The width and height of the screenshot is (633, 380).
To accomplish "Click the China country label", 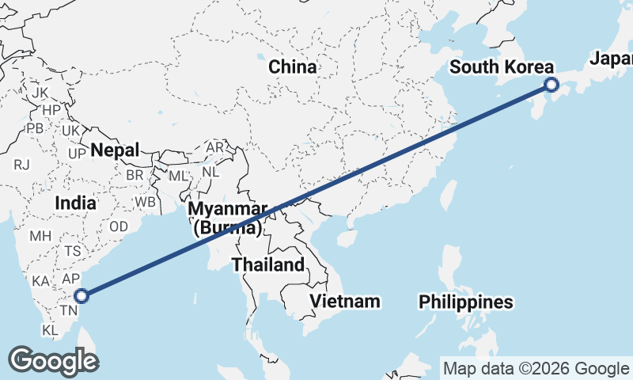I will click(x=293, y=67).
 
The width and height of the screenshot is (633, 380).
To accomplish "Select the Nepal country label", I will click(x=115, y=150).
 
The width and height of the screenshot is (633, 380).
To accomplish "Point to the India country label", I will click(x=76, y=203).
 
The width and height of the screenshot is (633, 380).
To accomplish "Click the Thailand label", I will click(x=268, y=264).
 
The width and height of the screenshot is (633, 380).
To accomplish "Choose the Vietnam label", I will click(x=345, y=301).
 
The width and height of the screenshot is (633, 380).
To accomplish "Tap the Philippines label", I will click(x=465, y=302).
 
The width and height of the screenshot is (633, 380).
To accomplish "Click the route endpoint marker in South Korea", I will click(x=552, y=85).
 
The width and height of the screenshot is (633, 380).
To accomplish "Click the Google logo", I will click(x=53, y=360).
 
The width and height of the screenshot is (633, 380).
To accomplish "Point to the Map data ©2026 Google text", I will click(x=536, y=369).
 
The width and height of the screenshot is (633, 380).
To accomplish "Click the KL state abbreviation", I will click(x=51, y=329).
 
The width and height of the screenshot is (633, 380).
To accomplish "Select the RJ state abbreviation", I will click(x=21, y=165).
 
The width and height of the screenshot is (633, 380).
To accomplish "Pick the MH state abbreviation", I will click(x=40, y=236).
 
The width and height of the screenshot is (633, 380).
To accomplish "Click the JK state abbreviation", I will click(x=40, y=93).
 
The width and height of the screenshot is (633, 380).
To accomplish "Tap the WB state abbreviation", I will click(x=145, y=202).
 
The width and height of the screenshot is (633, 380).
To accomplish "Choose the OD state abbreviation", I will click(x=119, y=226).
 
